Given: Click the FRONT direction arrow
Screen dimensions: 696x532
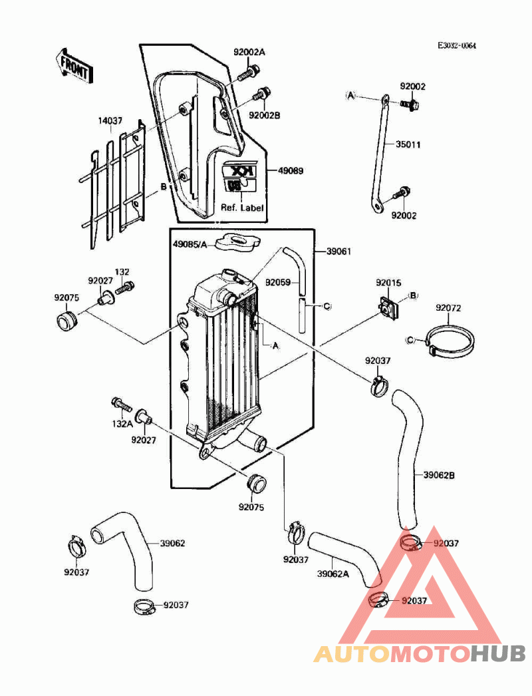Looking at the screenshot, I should (74, 65).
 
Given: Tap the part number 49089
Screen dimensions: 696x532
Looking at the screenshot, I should (290, 171).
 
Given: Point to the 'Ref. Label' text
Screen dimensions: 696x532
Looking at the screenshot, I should (242, 208).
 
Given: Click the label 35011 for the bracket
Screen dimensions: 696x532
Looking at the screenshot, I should (408, 144).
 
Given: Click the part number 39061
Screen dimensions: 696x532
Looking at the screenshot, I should (338, 252).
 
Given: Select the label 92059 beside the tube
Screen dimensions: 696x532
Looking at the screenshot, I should (279, 282).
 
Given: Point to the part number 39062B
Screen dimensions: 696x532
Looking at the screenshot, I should (439, 475).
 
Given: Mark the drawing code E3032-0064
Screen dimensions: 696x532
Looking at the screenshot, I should (457, 46).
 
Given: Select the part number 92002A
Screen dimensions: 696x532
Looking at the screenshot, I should (249, 52).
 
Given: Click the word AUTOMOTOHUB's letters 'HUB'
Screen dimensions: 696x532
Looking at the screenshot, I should (498, 653).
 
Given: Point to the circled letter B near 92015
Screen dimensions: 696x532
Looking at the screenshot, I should (412, 295).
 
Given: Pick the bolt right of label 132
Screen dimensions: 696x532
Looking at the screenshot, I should (125, 288).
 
